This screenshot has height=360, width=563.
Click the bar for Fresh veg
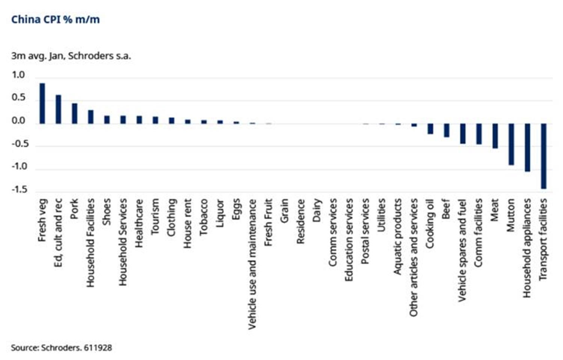42,104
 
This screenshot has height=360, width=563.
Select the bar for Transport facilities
543,156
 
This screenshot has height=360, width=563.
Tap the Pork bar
75,113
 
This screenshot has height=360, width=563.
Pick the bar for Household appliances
527,148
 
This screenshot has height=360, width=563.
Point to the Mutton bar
511,144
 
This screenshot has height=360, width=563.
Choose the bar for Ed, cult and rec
59,109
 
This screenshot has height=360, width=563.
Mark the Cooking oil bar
430,129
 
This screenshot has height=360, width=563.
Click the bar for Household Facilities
91,117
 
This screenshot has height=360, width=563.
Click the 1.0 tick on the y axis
18,75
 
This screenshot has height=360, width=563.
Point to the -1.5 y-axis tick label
19,190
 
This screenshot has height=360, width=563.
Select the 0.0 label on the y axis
18,121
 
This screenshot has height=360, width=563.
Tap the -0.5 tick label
19,144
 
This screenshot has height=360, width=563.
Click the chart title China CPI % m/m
56,20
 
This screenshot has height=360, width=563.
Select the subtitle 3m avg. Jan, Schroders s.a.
71,56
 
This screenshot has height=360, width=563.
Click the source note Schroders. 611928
61,348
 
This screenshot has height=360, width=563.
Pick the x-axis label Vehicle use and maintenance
252,264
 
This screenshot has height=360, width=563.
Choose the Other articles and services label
414,258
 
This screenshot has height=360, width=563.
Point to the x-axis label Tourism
155,217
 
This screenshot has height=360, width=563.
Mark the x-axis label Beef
446,209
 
